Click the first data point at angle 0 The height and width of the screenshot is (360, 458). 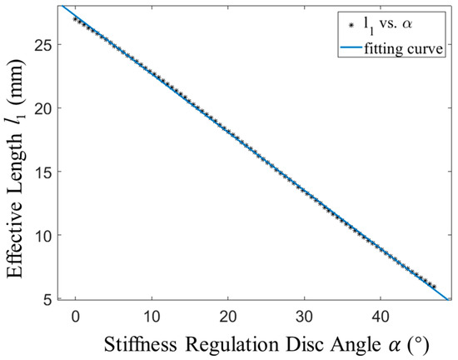75,18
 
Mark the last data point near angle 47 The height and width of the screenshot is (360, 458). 433,286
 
